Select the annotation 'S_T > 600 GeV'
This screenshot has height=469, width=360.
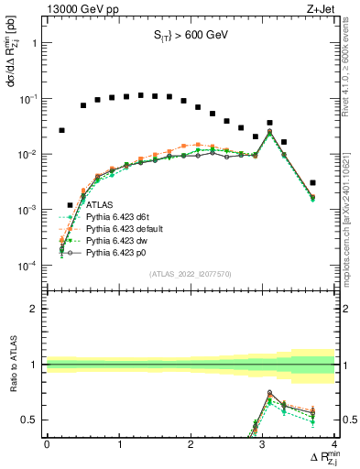click(191, 37)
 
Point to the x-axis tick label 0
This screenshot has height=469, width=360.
click(47, 444)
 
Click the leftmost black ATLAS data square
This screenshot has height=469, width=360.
click(61, 131)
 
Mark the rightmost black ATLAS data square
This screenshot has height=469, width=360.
click(313, 183)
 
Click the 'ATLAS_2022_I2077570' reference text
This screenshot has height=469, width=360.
click(191, 274)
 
